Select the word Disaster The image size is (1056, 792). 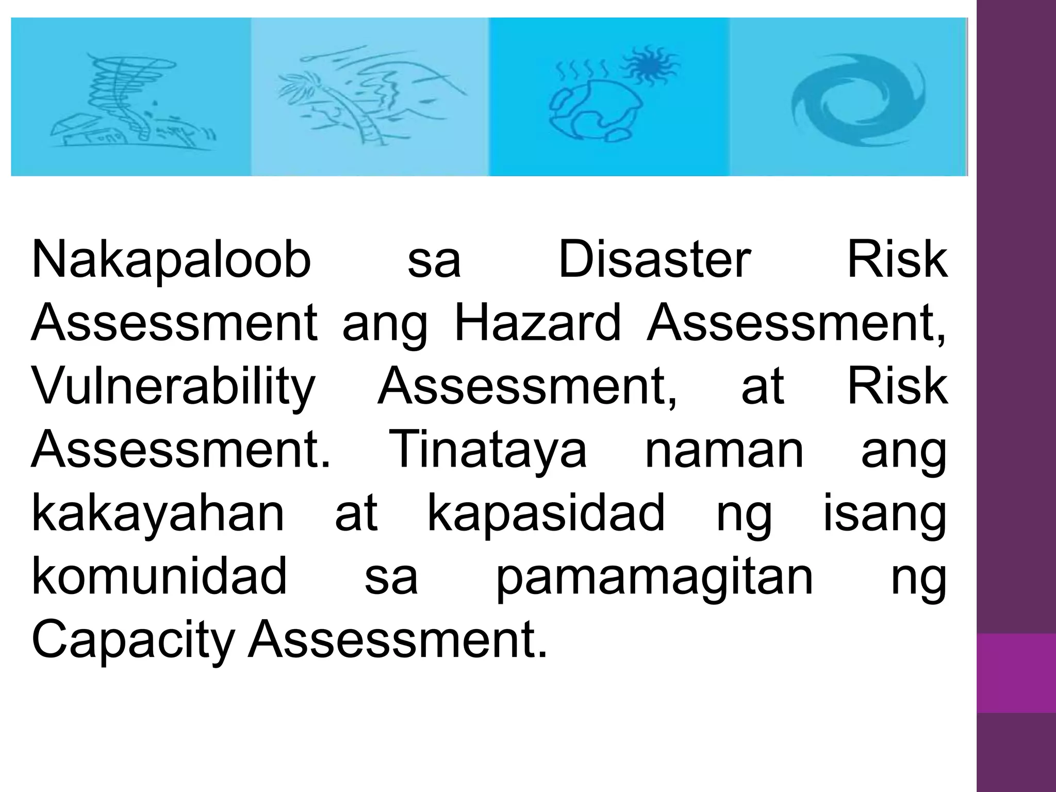(654, 260)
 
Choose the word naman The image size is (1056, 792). (724, 451)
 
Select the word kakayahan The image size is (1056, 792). (158, 514)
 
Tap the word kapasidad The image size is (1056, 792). (546, 515)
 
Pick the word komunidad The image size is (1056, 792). (159, 576)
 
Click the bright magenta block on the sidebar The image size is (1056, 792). (1016, 672)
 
